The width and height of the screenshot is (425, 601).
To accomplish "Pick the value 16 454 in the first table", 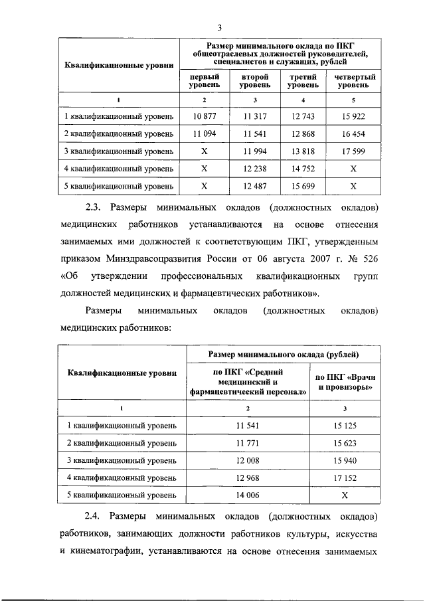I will (353, 133).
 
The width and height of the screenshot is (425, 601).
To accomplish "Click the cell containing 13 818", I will (303, 151).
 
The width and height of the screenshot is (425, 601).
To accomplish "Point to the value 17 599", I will (353, 151).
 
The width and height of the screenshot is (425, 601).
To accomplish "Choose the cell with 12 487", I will (254, 185).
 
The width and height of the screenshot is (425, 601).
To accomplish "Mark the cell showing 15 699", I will (303, 185).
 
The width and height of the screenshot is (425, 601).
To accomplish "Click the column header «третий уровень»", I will (303, 81).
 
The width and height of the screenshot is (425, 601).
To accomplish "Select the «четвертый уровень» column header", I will (353, 81).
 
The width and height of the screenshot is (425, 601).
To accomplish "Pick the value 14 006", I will (247, 494).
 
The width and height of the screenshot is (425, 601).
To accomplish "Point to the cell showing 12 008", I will (247, 460).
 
